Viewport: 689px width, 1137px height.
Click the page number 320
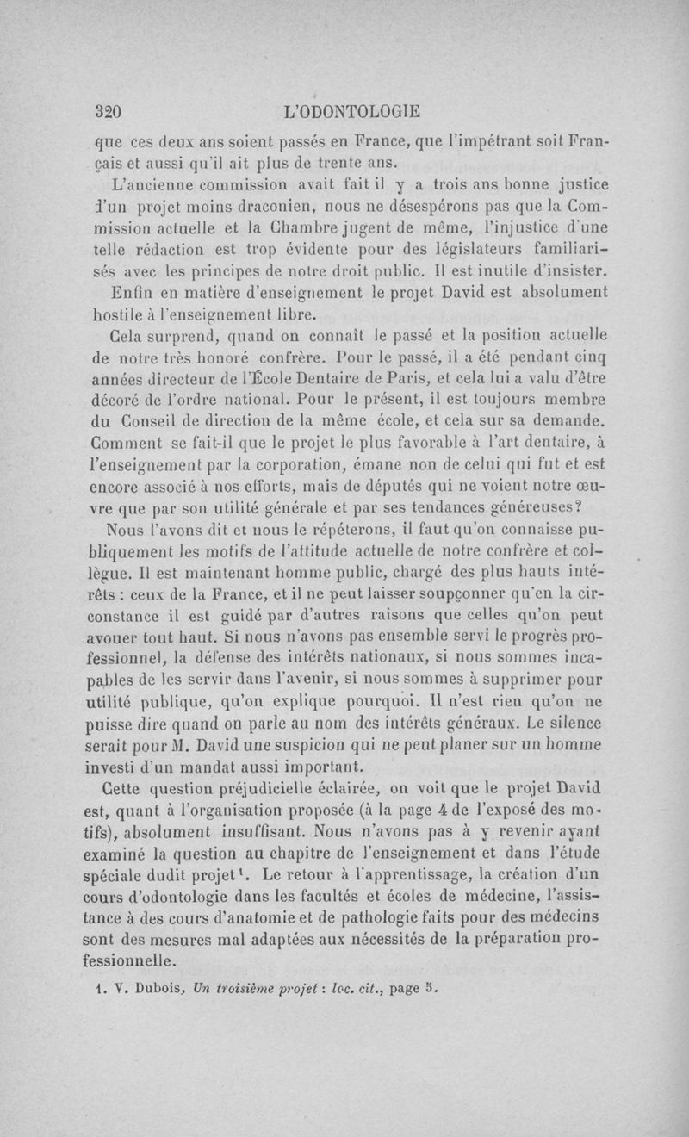point(110,112)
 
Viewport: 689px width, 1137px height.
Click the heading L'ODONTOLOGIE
point(357,112)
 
